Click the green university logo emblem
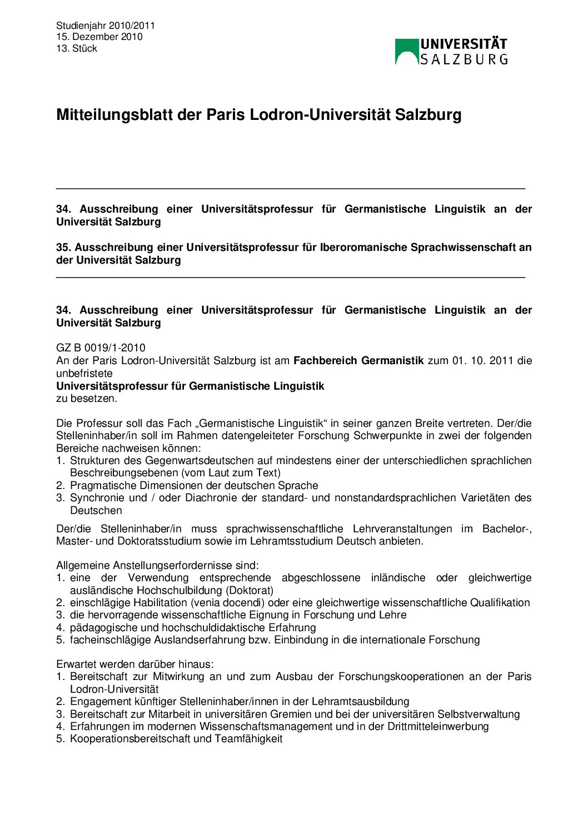pos(406,52)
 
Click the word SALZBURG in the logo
pos(464,59)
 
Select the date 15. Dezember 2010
pos(99,37)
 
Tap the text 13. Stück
pos(77,48)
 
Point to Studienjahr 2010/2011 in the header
pos(106,26)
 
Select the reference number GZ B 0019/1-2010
pos(101,348)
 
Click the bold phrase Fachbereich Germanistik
pos(358,361)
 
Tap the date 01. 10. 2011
pos(482,361)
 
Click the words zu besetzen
pos(87,399)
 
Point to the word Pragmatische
pos(103,486)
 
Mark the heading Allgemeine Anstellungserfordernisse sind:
pos(157,566)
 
